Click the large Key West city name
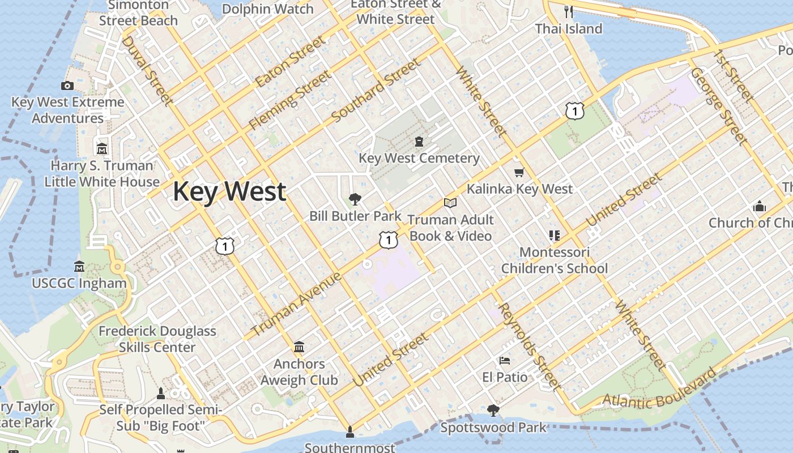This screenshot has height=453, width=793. click(x=229, y=191)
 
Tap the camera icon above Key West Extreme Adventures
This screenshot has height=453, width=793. click(x=67, y=86)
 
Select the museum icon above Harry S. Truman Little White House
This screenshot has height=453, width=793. click(x=102, y=149)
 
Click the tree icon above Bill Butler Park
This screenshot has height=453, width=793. click(x=355, y=199)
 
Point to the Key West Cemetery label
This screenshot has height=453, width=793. click(x=419, y=158)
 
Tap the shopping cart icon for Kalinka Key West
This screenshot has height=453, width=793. click(x=519, y=172)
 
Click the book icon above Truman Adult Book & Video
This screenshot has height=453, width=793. click(x=450, y=203)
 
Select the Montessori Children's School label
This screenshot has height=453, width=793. click(x=555, y=260)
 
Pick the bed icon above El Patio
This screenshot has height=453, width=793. click(x=505, y=360)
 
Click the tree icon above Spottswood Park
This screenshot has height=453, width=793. click(x=493, y=410)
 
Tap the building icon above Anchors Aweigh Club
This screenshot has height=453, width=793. click(x=299, y=347)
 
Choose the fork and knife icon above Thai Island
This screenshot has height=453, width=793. click(x=569, y=11)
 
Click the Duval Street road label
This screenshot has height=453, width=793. click(x=146, y=71)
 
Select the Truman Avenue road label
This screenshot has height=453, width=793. click(x=296, y=304)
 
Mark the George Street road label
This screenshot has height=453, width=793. click(x=717, y=106)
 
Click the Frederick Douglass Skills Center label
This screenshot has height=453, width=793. click(x=157, y=339)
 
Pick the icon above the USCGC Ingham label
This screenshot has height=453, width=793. click(x=79, y=266)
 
